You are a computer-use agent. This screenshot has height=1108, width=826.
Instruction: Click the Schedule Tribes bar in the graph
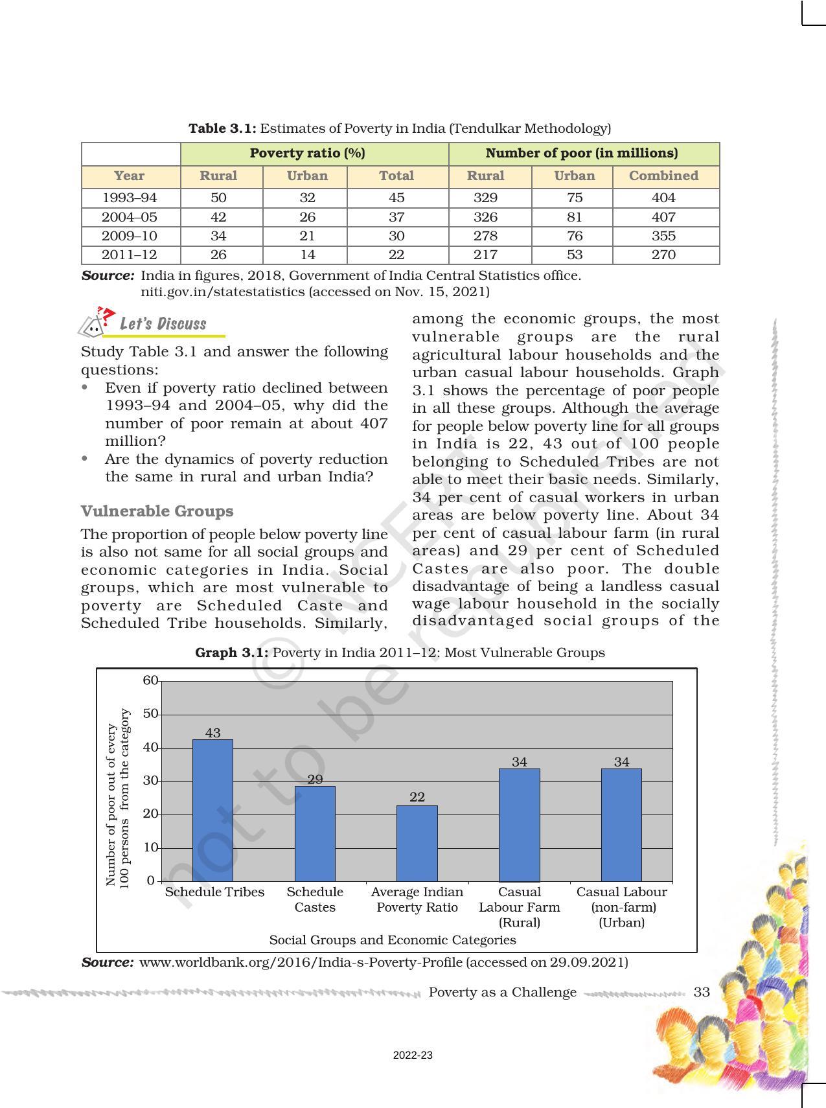tap(212, 810)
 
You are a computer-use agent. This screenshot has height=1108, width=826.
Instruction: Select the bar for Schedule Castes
tap(315, 833)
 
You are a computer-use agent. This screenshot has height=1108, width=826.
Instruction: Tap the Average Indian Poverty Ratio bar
tap(417, 843)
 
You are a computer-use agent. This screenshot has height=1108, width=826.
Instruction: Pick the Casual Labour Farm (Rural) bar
tap(519, 824)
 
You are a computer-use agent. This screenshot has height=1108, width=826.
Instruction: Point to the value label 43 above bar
tap(212, 733)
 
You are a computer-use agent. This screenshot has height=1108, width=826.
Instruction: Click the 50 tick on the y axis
tap(150, 713)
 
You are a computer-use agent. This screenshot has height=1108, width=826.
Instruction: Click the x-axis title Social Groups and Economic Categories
tap(392, 940)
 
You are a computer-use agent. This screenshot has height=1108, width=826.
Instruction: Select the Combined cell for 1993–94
tap(663, 198)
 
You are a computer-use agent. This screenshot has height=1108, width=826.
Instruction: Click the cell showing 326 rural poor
tap(485, 217)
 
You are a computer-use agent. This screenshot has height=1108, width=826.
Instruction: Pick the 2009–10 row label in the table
tap(130, 236)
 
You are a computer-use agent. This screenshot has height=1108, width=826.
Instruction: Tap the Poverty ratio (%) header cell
tap(307, 154)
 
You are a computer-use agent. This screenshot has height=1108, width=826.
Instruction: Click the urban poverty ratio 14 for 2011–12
tap(307, 255)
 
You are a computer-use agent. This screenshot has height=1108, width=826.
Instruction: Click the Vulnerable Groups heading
tap(157, 511)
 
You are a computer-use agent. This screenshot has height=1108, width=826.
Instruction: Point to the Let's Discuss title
tap(163, 324)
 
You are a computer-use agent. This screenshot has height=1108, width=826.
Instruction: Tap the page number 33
tap(702, 992)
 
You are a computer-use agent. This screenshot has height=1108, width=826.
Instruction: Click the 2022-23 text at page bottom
tap(413, 1056)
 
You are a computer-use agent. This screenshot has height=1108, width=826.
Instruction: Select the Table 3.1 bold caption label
tap(222, 128)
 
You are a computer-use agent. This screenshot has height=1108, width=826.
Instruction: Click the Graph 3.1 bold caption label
tap(231, 652)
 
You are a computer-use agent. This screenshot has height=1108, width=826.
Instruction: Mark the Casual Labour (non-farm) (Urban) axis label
tap(621, 906)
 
